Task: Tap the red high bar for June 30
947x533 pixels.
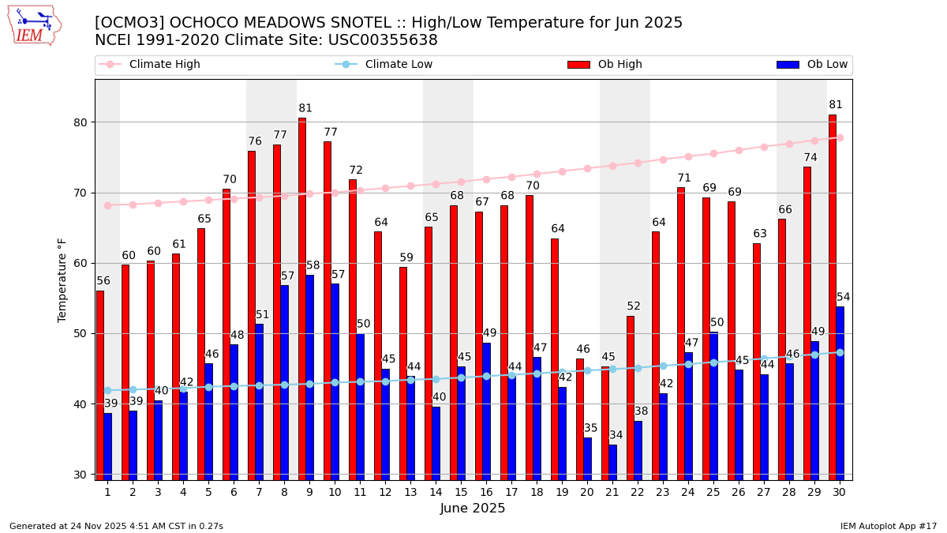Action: pos(833,297)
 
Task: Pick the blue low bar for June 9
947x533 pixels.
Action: pos(309,377)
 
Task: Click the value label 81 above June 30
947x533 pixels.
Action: pos(836,105)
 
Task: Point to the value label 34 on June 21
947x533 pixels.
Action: pos(616,435)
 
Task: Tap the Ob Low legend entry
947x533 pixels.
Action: pos(812,65)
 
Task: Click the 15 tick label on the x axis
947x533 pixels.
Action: pos(461,492)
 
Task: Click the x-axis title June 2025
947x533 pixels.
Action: pos(473,509)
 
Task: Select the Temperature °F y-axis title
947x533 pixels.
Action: pos(62,280)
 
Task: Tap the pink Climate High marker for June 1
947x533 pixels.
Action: pos(107,205)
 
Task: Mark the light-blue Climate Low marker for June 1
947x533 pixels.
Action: pos(107,390)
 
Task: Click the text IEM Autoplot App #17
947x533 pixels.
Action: pos(889,526)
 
